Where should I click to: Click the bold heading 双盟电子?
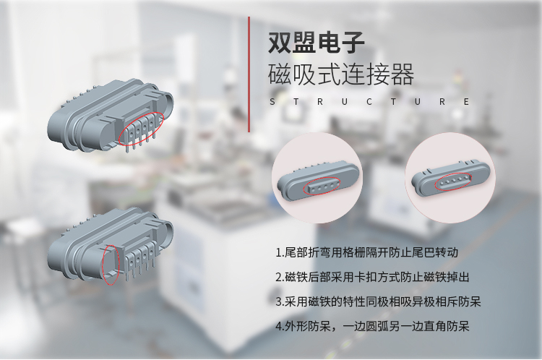click(317, 43)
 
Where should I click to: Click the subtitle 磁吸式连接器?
click(341, 74)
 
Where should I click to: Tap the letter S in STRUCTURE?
click(272, 102)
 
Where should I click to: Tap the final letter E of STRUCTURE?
click(466, 102)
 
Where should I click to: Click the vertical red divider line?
click(249, 74)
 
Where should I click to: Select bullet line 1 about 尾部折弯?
click(366, 252)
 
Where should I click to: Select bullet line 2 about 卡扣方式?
click(373, 277)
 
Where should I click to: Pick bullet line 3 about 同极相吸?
click(378, 301)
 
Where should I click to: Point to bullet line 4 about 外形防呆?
click(373, 326)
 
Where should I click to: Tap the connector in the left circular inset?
click(318, 180)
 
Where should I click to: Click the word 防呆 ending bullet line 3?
click(470, 301)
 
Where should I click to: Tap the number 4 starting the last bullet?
click(279, 327)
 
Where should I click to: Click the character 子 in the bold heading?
click(353, 43)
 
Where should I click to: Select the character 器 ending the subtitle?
click(403, 74)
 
